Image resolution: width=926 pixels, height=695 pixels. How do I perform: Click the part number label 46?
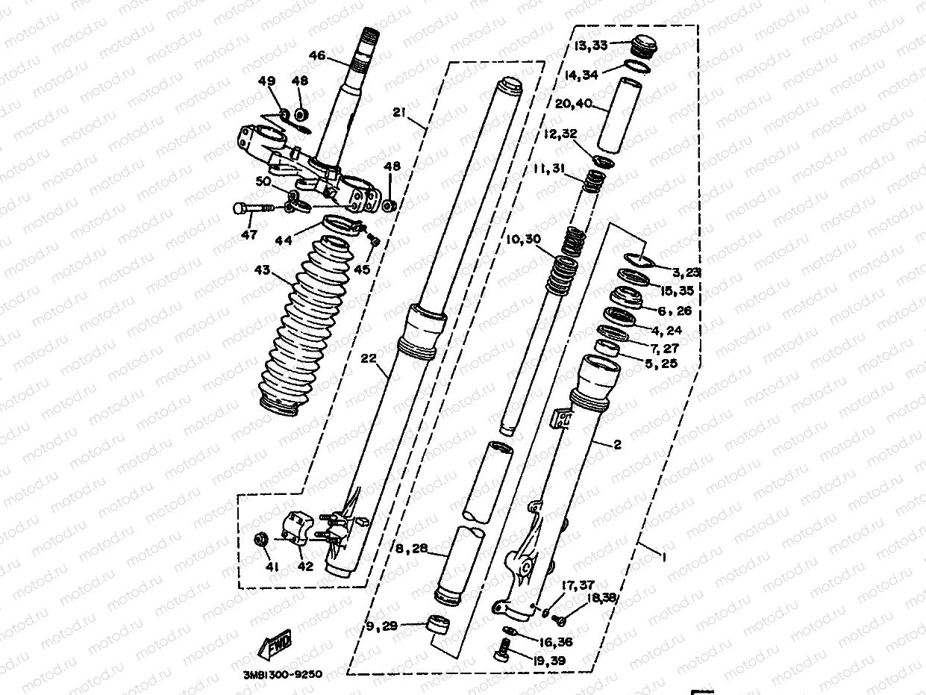pyautogui.click(x=317, y=55)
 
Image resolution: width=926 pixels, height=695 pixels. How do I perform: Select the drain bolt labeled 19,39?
pyautogui.click(x=502, y=655)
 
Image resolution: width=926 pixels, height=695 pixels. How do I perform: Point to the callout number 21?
pyautogui.click(x=399, y=112)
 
